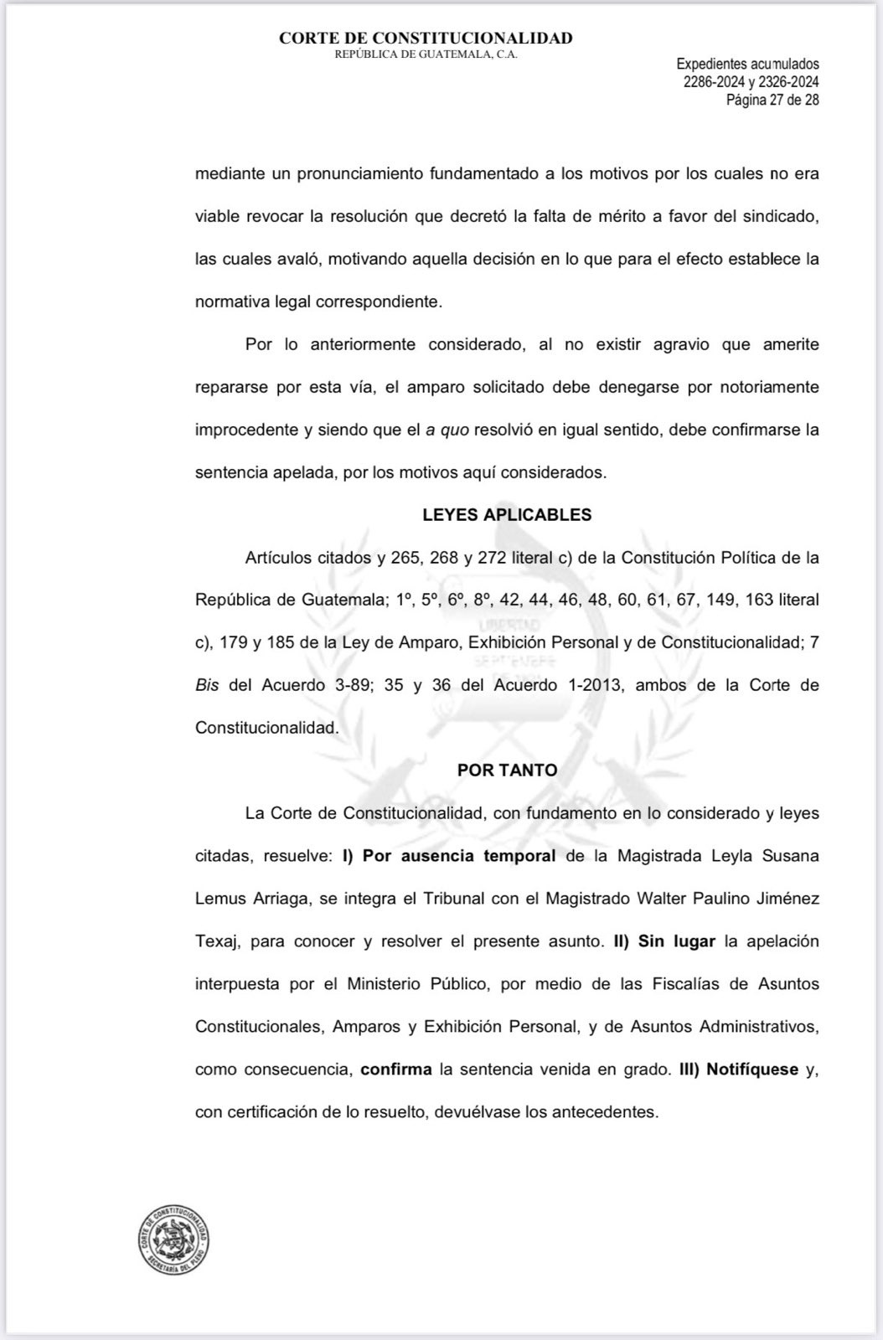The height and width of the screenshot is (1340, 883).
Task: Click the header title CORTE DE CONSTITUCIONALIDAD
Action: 426,38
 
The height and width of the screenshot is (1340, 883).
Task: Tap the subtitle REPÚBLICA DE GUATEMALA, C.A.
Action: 426,54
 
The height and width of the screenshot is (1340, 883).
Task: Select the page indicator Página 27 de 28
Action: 772,100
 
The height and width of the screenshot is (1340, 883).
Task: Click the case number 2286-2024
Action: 714,82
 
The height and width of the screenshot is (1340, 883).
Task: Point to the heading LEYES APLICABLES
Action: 507,515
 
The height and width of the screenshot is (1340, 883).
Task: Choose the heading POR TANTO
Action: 507,770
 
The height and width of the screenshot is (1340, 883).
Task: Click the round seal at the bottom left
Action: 174,1242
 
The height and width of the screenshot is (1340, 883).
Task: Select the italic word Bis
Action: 207,685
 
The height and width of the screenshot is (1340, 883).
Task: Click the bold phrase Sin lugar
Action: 677,941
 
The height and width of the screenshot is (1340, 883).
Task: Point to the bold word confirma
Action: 396,1069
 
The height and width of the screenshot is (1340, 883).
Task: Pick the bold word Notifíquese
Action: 752,1069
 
